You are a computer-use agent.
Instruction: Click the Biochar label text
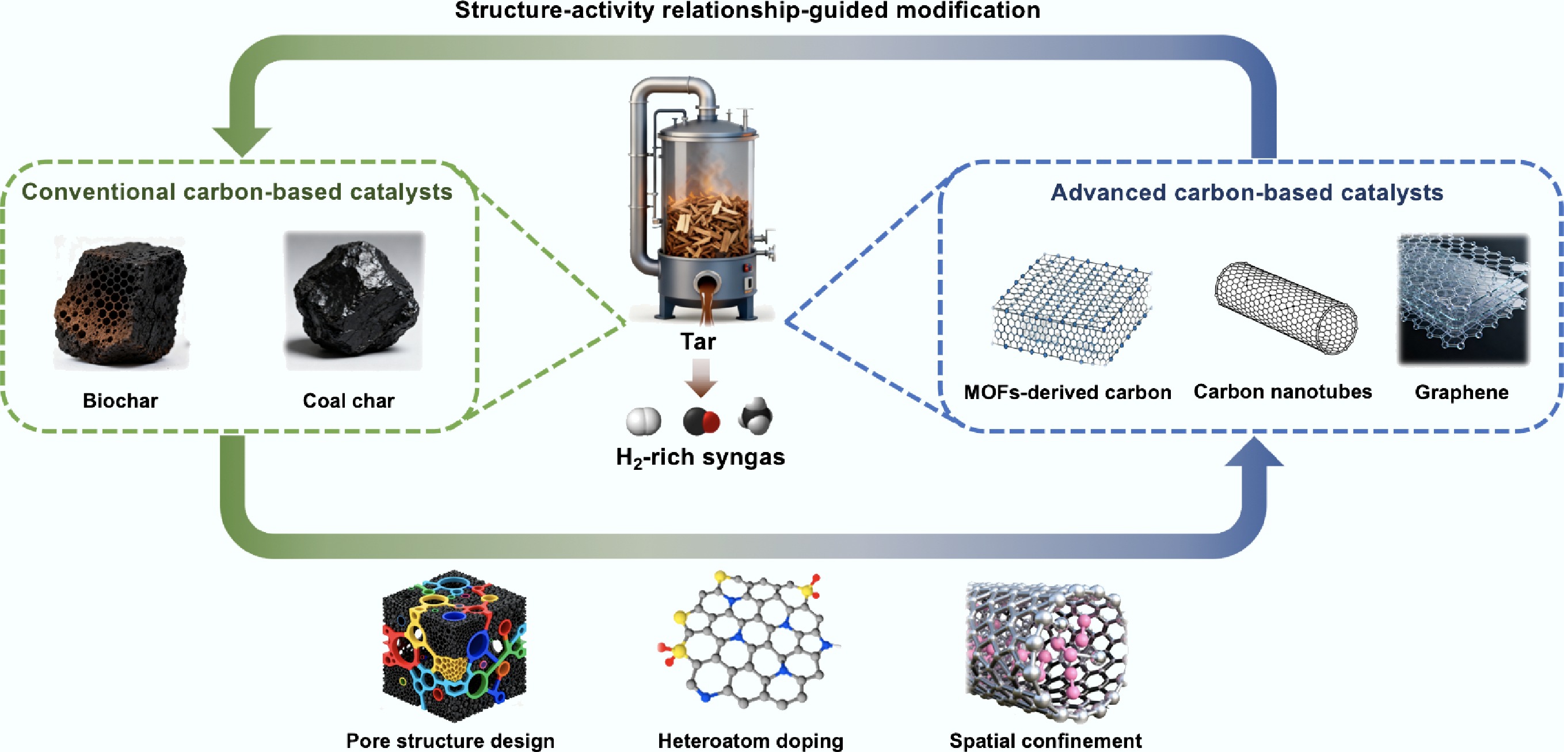[120, 401]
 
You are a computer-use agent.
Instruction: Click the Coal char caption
[348, 401]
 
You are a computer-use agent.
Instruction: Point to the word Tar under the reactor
[698, 342]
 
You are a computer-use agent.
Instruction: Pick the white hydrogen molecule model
[644, 421]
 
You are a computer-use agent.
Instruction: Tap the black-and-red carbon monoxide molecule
[701, 421]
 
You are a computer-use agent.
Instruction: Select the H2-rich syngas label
[700, 457]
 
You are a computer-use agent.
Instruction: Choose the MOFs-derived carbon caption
[1067, 392]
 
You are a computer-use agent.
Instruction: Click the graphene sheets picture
[1463, 299]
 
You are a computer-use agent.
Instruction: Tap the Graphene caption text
[1462, 392]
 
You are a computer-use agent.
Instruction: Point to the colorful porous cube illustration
[454, 645]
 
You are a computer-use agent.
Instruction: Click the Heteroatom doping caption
[751, 741]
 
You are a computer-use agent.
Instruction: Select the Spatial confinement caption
[1045, 741]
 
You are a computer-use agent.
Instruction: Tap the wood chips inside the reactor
[707, 225]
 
